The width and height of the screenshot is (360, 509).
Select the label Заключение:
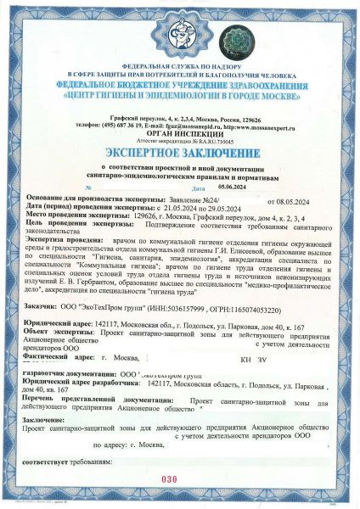click(x=42, y=419)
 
